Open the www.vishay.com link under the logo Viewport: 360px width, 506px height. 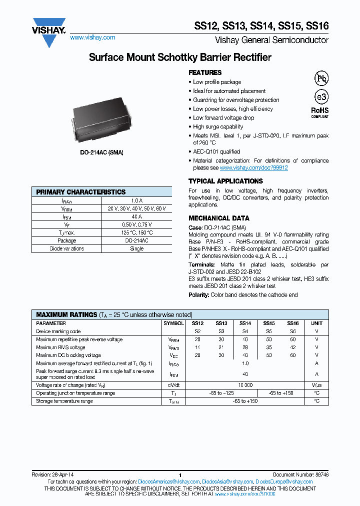pyautogui.click(x=92, y=37)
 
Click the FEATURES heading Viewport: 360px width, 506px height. pyautogui.click(x=205, y=72)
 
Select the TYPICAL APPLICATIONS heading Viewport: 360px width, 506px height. pyautogui.click(x=225, y=181)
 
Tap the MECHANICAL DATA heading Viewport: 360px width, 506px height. pyautogui.click(x=219, y=218)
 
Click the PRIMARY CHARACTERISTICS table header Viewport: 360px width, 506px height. pyautogui.click(x=81, y=192)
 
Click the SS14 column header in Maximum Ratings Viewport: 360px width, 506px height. pyautogui.click(x=245, y=323)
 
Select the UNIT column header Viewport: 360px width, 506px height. pyautogui.click(x=316, y=323)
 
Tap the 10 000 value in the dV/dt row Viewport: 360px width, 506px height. pyautogui.click(x=245, y=385)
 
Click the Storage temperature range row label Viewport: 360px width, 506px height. pyautogui.click(x=64, y=401)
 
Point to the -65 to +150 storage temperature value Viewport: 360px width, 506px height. pyautogui.click(x=245, y=401)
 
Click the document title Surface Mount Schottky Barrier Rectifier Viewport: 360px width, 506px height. pyautogui.click(x=180, y=57)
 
